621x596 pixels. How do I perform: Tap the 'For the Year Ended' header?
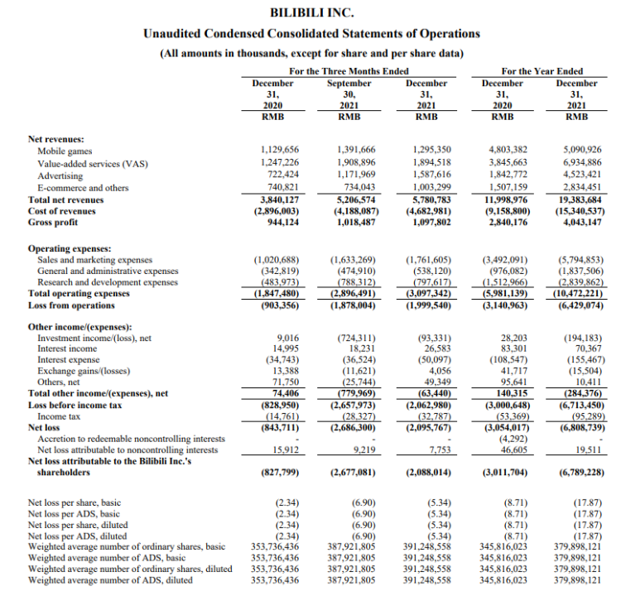point(542,71)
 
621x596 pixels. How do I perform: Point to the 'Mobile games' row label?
point(65,151)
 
